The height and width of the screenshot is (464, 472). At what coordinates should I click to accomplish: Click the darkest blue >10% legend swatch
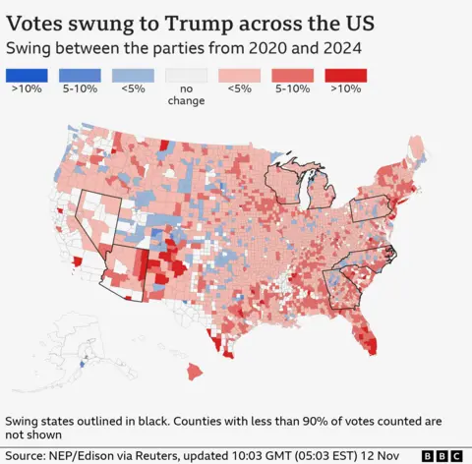click(x=25, y=75)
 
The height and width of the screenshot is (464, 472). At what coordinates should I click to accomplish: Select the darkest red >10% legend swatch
click(x=346, y=75)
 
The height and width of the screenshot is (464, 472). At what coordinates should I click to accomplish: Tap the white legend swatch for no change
click(x=186, y=75)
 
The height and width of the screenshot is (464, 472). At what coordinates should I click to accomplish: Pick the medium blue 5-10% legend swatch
click(x=79, y=75)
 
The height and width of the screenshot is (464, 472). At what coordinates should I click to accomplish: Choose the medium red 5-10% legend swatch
click(x=293, y=75)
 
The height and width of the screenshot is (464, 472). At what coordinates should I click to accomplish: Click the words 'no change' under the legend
click(x=186, y=94)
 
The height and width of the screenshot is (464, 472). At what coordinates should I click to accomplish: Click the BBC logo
click(x=442, y=455)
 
